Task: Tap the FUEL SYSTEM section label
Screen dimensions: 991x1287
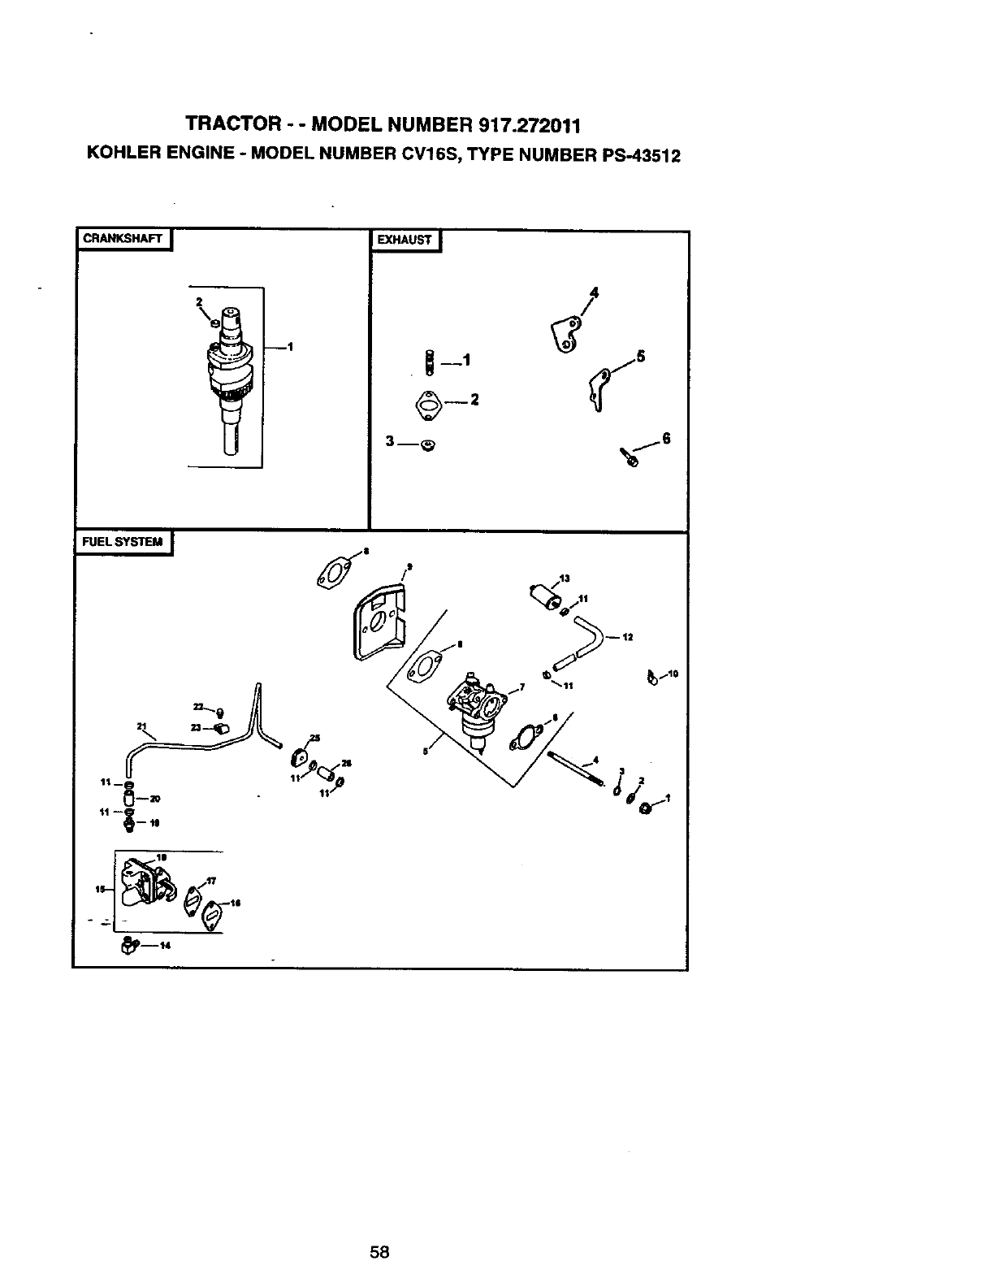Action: pyautogui.click(x=123, y=541)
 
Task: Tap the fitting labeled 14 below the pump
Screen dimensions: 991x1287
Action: pyautogui.click(x=128, y=945)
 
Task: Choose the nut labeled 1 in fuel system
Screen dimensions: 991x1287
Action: pyautogui.click(x=647, y=808)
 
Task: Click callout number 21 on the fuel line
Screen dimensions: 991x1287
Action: pyautogui.click(x=141, y=726)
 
